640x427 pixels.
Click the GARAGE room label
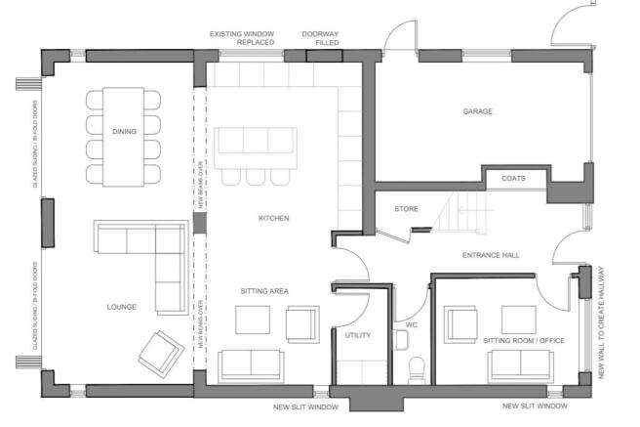[477, 111]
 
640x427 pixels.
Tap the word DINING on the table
[124, 131]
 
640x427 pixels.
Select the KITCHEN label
[273, 218]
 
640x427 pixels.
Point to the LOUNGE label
[122, 307]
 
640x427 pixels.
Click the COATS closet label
[513, 179]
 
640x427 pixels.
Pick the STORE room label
[406, 209]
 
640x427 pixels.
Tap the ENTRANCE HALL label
[491, 255]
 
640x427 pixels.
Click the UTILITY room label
[357, 335]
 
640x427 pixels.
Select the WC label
[412, 324]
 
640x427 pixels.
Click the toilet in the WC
[417, 370]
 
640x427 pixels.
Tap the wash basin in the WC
[401, 340]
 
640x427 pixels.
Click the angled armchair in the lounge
[161, 355]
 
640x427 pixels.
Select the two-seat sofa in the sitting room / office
[520, 366]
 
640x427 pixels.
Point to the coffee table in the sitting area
[253, 320]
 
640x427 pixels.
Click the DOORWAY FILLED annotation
[321, 38]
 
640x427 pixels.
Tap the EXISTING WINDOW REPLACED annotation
[242, 38]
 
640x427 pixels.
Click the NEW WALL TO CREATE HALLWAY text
[601, 322]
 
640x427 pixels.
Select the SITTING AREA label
[264, 291]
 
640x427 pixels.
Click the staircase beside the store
[460, 212]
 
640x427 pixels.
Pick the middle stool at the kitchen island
[256, 177]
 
